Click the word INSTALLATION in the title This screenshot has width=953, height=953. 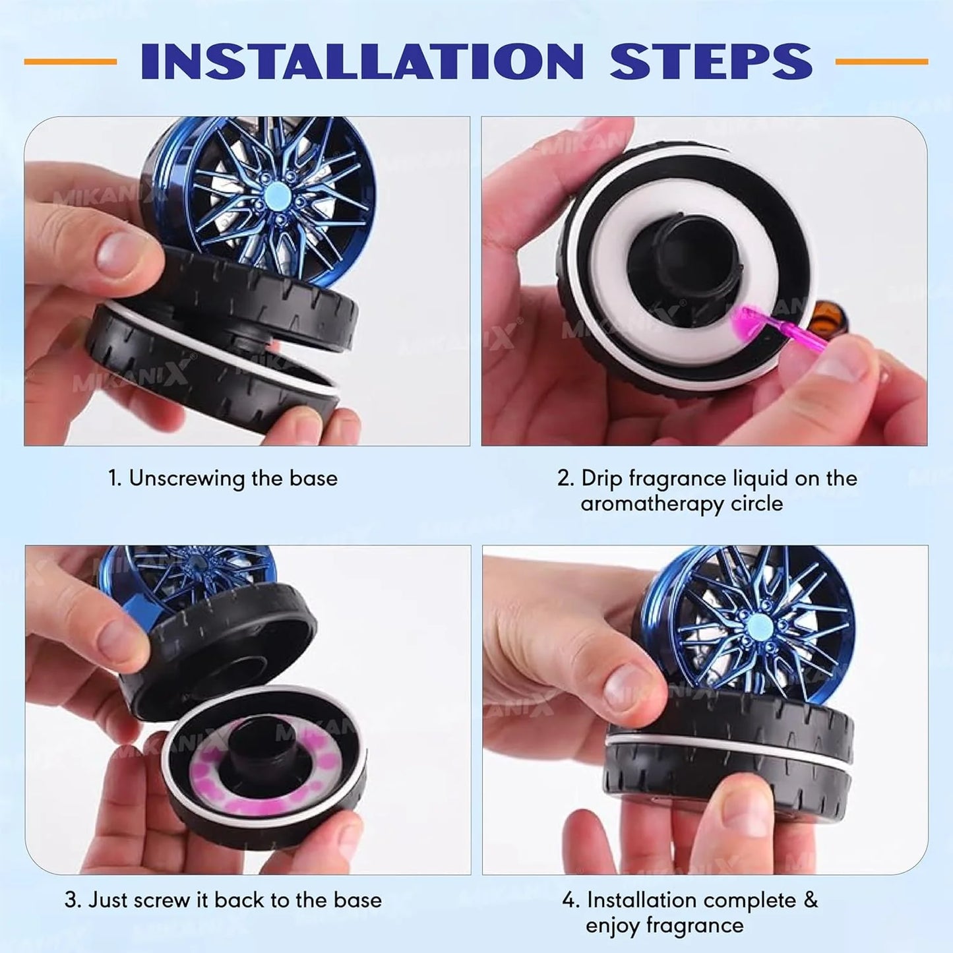point(362,61)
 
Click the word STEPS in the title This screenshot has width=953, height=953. point(711,61)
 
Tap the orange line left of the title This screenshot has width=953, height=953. point(70,61)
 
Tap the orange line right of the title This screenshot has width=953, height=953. point(881,61)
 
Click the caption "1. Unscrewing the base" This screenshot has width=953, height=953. point(223,478)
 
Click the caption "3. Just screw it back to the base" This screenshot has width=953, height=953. point(223,900)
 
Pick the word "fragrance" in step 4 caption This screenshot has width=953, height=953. point(696,925)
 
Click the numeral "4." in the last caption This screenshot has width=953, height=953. point(570,900)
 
